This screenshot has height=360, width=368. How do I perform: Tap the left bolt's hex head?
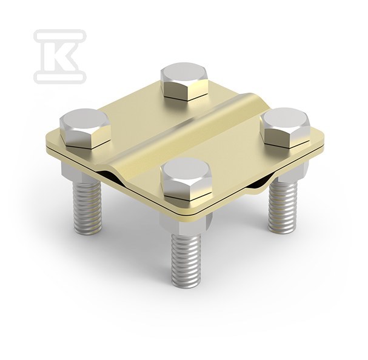point(85,128)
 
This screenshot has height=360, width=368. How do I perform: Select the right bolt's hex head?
point(285,127)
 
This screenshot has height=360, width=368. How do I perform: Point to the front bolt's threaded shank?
point(186,259)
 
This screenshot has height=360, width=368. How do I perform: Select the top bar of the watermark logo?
point(60,35)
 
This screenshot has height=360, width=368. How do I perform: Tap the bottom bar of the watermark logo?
point(60,77)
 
